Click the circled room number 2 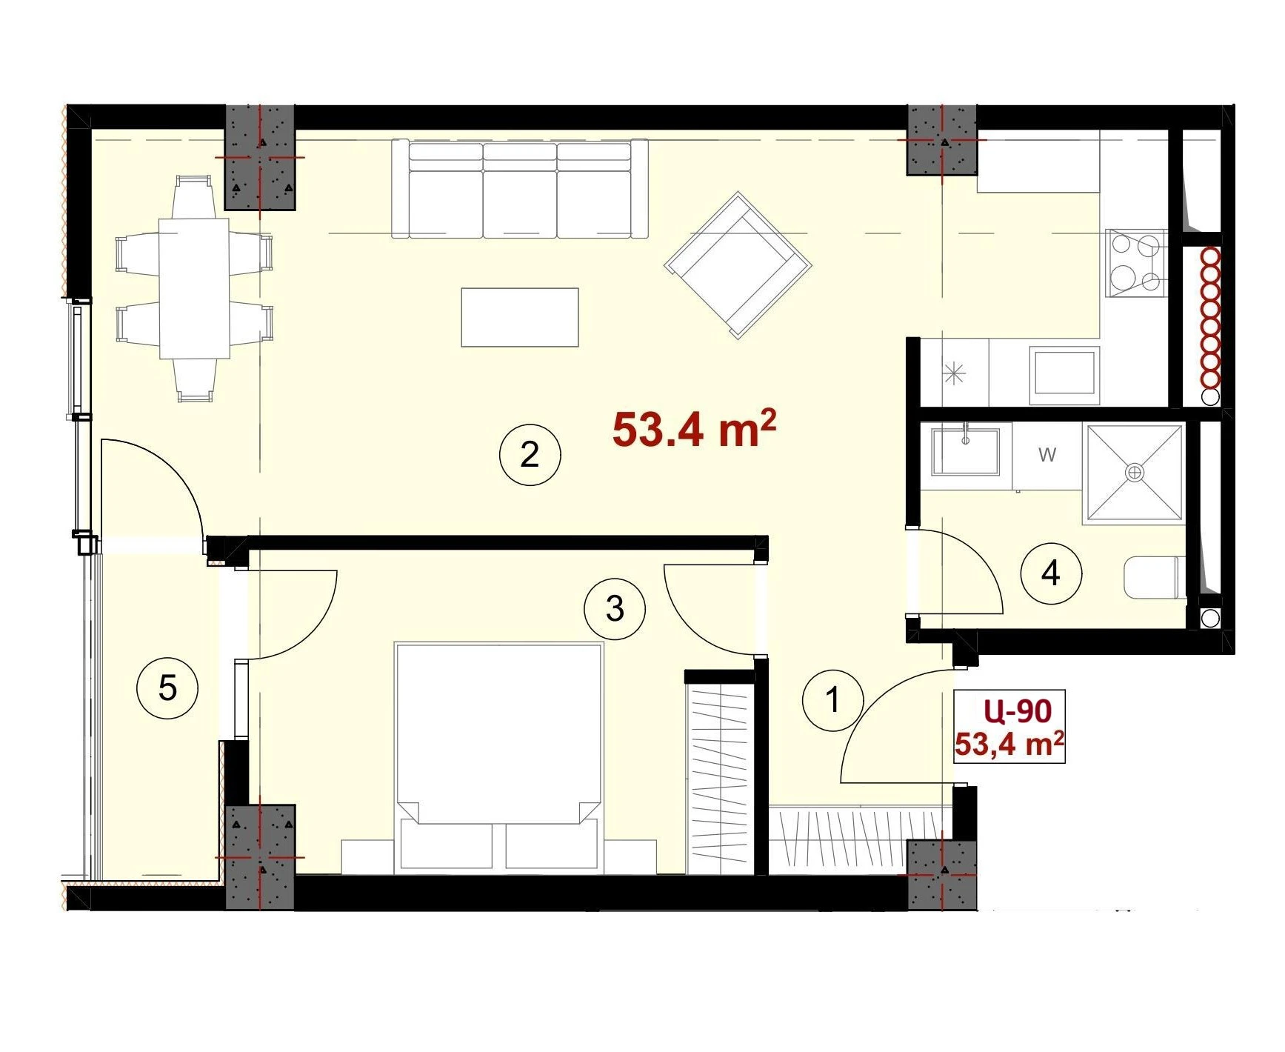tap(530, 454)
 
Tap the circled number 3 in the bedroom tap(615, 609)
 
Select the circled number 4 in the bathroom tap(1051, 573)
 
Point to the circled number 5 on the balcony tap(168, 688)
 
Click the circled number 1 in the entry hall tap(833, 699)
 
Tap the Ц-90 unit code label tap(1018, 710)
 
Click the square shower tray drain tap(1135, 472)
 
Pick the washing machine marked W tap(1047, 456)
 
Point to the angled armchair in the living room tap(738, 264)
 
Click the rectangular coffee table tap(520, 317)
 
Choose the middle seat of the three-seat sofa tap(520, 190)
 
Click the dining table tap(194, 287)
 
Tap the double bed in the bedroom tap(499, 756)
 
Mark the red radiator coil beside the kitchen tap(1210, 317)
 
